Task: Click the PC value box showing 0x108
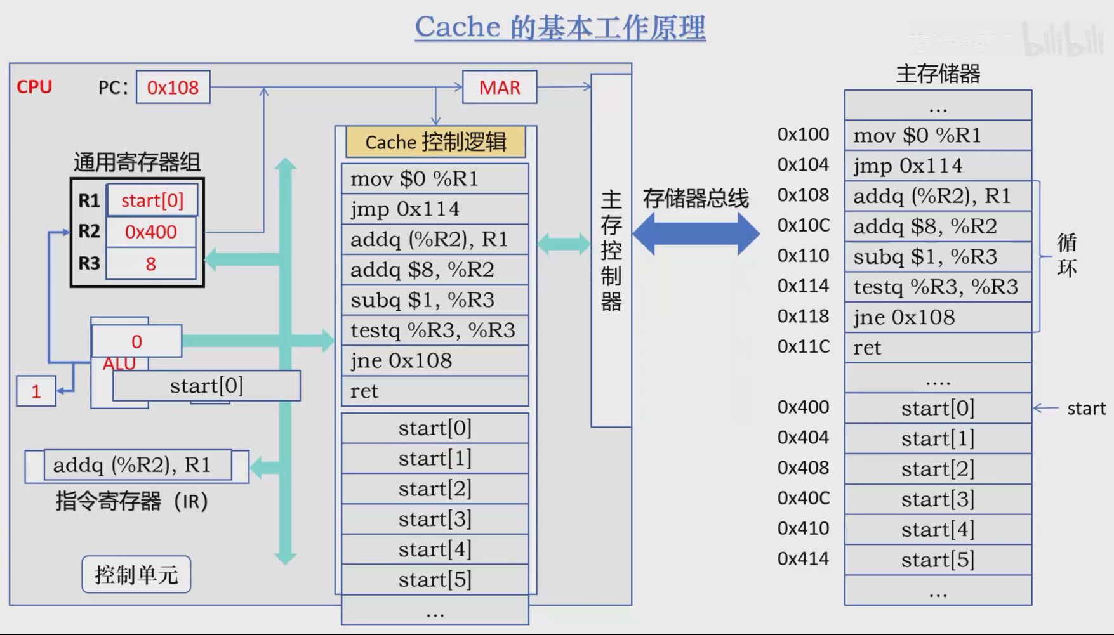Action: click(173, 88)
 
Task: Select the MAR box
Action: click(500, 88)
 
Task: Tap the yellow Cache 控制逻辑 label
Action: click(435, 142)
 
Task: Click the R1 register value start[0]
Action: click(152, 200)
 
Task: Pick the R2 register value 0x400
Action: click(151, 232)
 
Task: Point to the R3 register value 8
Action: click(151, 264)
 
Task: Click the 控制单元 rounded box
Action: click(136, 575)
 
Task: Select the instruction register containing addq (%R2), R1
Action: click(137, 466)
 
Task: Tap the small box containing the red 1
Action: click(36, 391)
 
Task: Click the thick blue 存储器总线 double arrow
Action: click(696, 233)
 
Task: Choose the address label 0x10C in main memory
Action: click(804, 226)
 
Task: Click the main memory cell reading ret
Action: click(938, 348)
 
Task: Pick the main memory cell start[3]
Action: click(938, 499)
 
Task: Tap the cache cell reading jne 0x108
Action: click(435, 361)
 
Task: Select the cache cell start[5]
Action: click(435, 580)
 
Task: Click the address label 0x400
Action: click(804, 407)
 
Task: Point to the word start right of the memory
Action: click(1086, 409)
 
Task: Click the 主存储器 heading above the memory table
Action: click(938, 74)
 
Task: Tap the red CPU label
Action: click(34, 87)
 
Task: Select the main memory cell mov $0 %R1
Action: click(938, 135)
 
